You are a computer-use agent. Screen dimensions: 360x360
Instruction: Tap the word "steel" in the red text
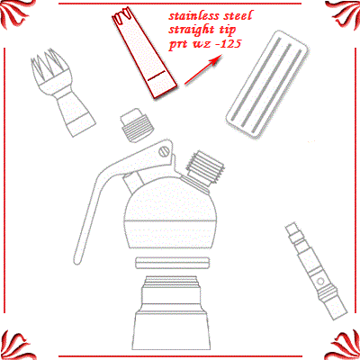coord(238,16)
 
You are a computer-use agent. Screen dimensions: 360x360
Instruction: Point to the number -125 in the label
coord(229,44)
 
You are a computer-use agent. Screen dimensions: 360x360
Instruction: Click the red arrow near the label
coord(203,70)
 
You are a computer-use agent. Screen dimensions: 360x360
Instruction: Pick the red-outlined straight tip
coord(144,53)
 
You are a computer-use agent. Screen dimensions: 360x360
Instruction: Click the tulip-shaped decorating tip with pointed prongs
coord(61,92)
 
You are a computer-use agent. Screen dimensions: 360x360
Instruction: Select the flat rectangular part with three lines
coord(268,84)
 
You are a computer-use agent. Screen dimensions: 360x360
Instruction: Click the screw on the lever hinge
coord(164,152)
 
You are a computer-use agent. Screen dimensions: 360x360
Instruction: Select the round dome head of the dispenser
coord(171,216)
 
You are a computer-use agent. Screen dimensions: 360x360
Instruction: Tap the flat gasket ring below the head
coord(172,263)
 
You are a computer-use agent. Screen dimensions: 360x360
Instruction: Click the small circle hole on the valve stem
coord(320,282)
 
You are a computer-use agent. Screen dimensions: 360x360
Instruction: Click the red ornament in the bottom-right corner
coord(345,345)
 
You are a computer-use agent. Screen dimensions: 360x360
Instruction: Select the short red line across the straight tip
coord(156,76)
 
